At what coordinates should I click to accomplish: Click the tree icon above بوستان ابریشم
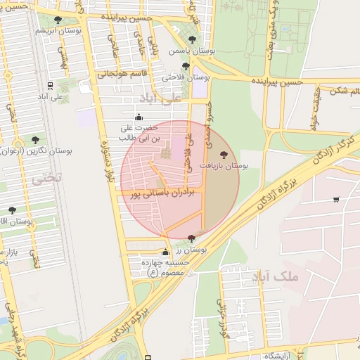[58, 20]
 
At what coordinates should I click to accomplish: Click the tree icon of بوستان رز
[192, 240]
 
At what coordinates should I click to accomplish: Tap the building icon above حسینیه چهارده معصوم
[166, 252]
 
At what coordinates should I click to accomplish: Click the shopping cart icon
[336, 199]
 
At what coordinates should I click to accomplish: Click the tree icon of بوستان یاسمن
[192, 39]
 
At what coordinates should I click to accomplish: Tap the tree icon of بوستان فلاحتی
[186, 66]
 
